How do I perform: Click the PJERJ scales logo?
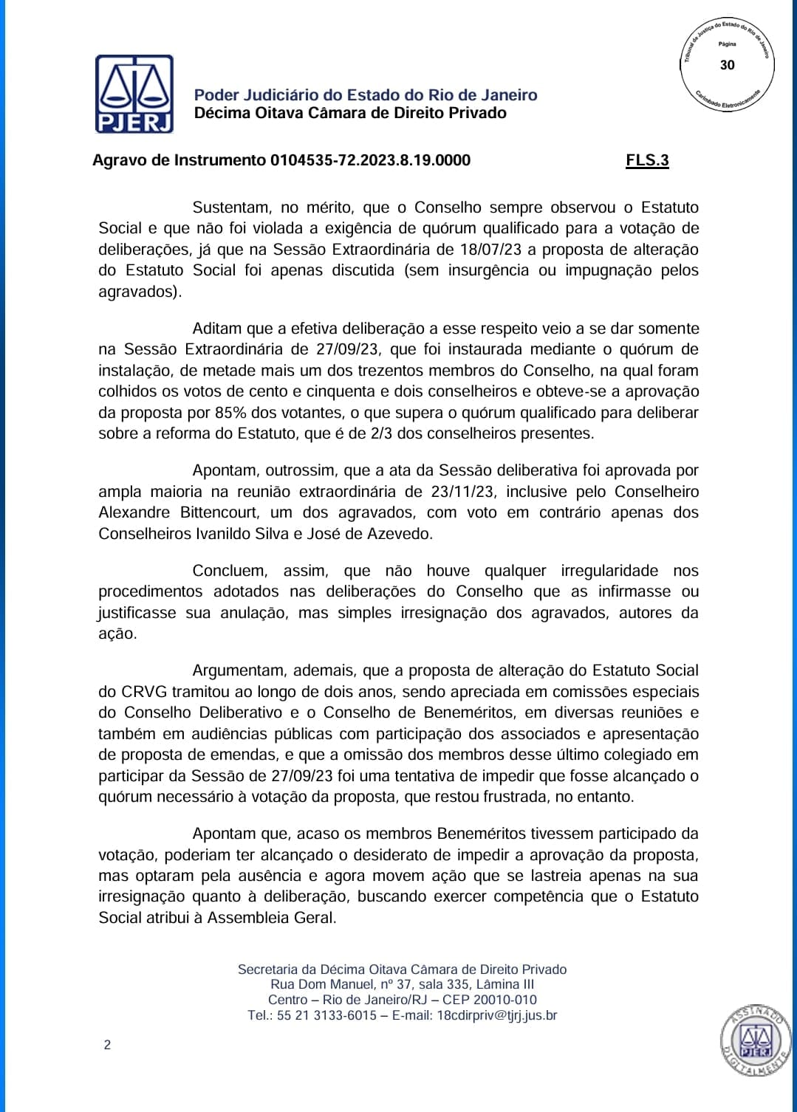click(x=134, y=94)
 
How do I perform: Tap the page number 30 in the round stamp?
click(x=727, y=65)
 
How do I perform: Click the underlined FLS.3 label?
click(x=647, y=160)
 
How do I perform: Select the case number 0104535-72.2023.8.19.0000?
click(x=370, y=160)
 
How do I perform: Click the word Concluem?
click(x=228, y=571)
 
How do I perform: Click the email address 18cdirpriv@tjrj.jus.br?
click(x=497, y=1015)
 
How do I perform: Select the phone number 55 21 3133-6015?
click(x=326, y=1015)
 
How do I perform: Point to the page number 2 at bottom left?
click(x=107, y=1045)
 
